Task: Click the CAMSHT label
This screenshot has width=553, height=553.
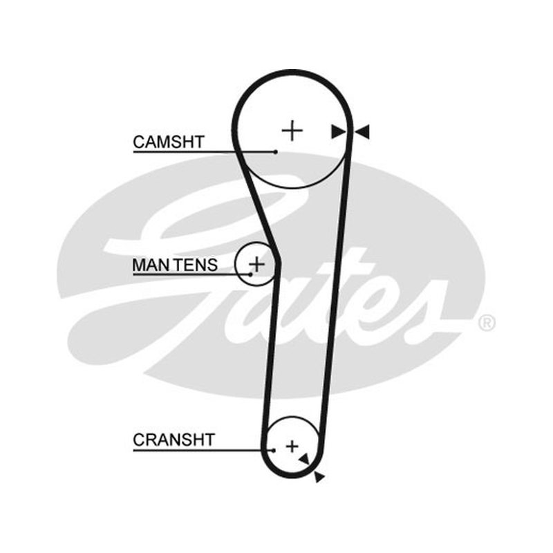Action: (169, 142)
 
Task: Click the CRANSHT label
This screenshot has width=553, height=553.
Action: (174, 440)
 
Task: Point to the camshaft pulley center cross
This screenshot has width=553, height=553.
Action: (292, 131)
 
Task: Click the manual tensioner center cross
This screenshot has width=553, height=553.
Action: (256, 264)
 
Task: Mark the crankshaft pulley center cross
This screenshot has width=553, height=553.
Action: (292, 447)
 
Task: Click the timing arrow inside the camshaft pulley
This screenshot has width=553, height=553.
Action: (338, 132)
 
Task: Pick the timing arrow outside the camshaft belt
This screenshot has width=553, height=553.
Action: (362, 131)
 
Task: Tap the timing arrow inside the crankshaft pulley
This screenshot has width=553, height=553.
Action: (305, 459)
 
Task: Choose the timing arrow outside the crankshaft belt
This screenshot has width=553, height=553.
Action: (319, 477)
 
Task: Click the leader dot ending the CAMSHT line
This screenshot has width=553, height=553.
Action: (276, 152)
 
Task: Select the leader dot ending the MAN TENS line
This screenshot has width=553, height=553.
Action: (250, 274)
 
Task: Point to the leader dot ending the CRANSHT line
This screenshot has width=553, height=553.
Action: (274, 451)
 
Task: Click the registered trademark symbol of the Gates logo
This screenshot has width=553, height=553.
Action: (487, 323)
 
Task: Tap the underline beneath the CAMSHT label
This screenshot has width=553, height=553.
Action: (204, 152)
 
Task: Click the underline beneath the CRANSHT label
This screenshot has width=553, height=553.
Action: (203, 451)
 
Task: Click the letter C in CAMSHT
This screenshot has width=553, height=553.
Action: (139, 142)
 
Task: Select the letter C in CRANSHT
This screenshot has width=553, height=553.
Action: (139, 440)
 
